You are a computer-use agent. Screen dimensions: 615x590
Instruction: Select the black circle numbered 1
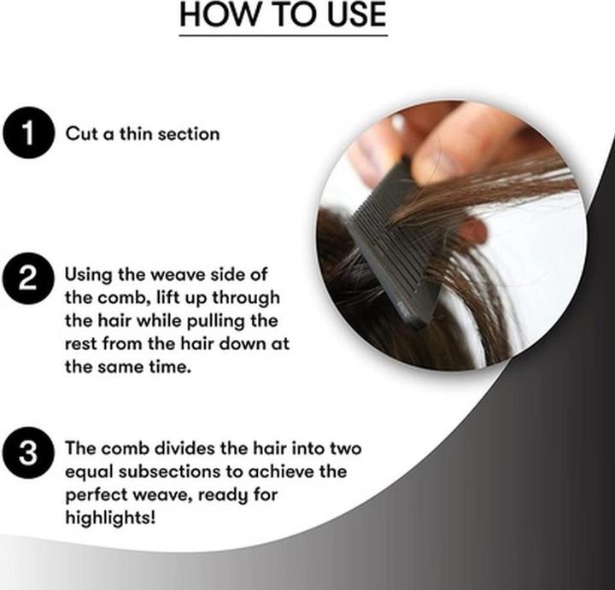click(28, 133)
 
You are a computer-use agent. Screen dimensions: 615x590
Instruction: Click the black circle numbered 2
click(28, 278)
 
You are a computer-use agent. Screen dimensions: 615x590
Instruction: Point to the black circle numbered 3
click(28, 453)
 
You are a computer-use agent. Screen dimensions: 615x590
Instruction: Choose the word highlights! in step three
click(110, 518)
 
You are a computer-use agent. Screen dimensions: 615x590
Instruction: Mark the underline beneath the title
click(284, 36)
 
